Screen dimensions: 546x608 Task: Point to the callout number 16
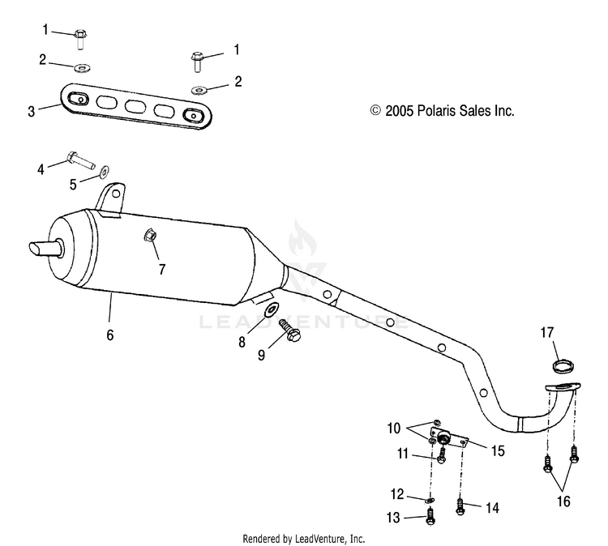point(563,501)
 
